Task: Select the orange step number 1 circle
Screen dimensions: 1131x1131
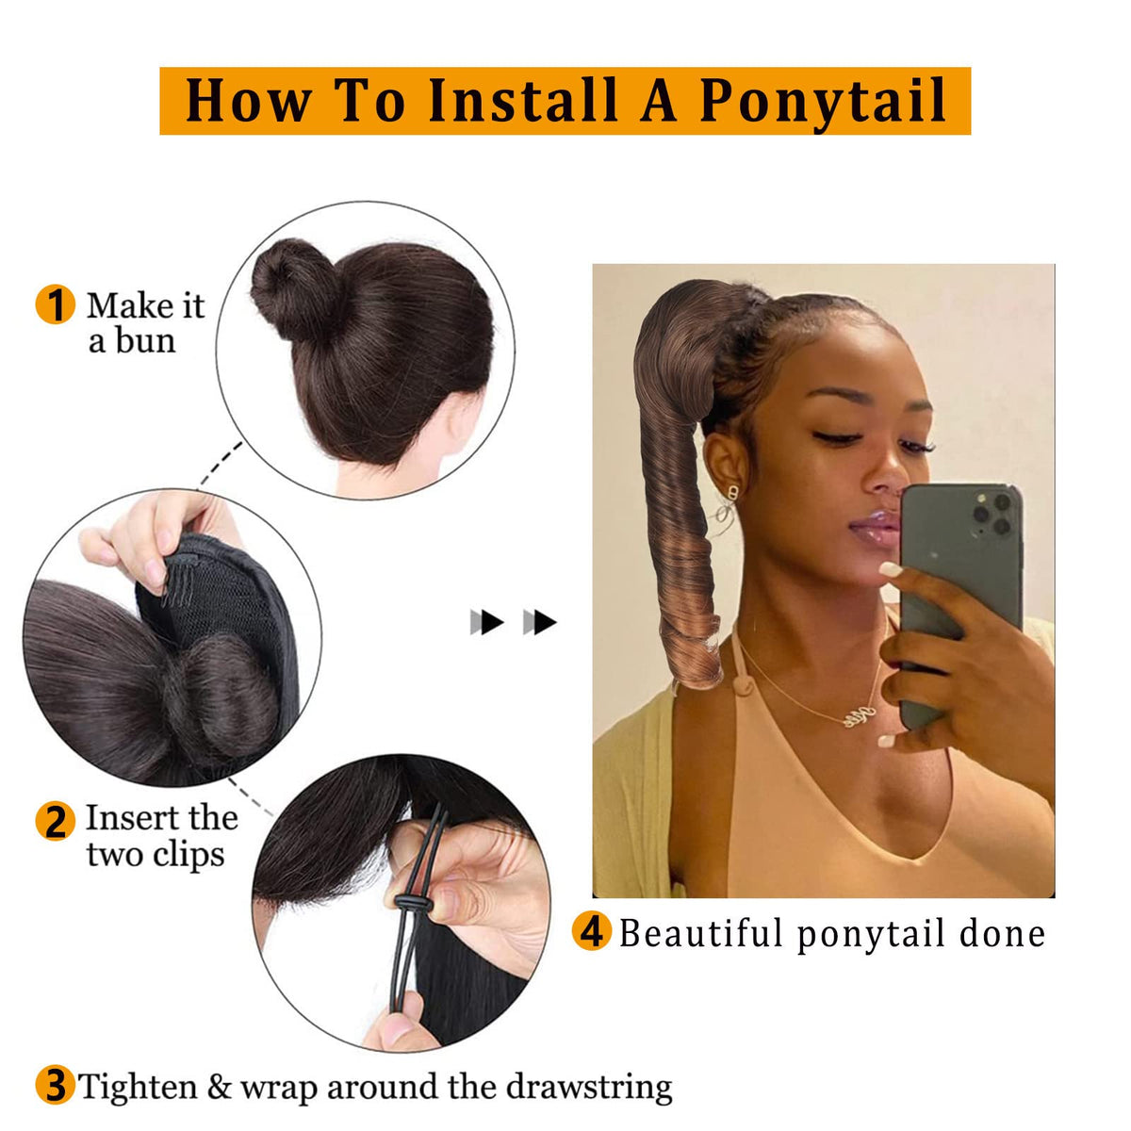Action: [x=56, y=304]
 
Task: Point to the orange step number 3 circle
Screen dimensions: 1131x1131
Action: [x=56, y=1086]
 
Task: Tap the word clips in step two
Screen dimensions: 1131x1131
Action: [x=189, y=856]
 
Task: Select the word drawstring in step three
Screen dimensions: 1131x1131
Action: [x=589, y=1088]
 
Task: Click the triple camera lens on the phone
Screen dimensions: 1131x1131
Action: [x=992, y=513]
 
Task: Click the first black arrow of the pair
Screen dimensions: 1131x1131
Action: [x=487, y=622]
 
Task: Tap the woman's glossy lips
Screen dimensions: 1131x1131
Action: [x=874, y=527]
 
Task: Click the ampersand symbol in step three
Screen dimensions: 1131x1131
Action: [x=220, y=1087]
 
